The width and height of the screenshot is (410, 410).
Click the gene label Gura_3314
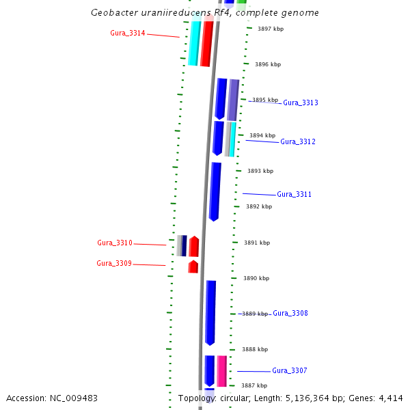pyautogui.click(x=128, y=33)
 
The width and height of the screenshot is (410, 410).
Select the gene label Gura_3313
pyautogui.click(x=301, y=102)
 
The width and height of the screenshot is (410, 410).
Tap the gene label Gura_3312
pyautogui.click(x=298, y=141)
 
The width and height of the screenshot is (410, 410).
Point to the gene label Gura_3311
pyautogui.click(x=295, y=194)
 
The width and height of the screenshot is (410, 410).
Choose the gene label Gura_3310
pyautogui.click(x=115, y=243)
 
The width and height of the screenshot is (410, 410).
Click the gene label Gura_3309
pyautogui.click(x=114, y=263)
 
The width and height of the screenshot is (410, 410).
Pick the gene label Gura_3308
pyautogui.click(x=290, y=313)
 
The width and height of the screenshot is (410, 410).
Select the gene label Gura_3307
pyautogui.click(x=290, y=370)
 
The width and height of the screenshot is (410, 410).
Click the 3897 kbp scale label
pyautogui.click(x=270, y=29)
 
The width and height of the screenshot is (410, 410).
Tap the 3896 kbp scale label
pyautogui.click(x=268, y=64)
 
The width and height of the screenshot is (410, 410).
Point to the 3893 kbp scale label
pyautogui.click(x=260, y=171)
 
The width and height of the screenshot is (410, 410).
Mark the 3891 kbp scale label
pyautogui.click(x=257, y=243)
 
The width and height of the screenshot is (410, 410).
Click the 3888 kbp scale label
pyautogui.click(x=254, y=349)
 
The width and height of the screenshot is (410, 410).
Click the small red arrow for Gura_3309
pyautogui.click(x=193, y=266)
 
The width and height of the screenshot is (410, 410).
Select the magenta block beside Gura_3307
pyautogui.click(x=222, y=370)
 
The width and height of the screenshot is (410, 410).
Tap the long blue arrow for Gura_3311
pyautogui.click(x=215, y=191)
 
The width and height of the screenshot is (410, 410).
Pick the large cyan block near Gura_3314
pyautogui.click(x=194, y=42)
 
